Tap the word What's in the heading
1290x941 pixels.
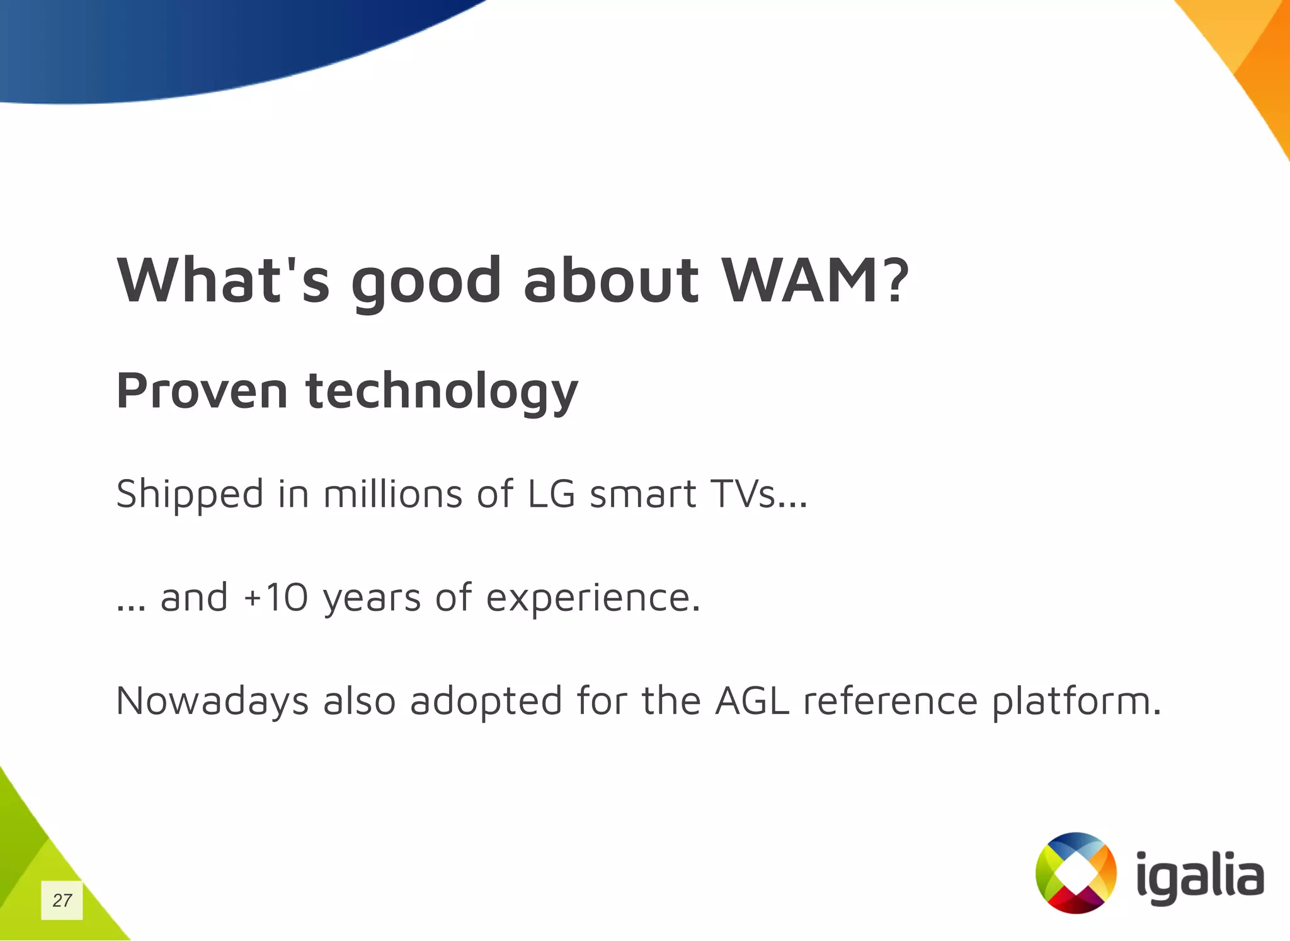(223, 280)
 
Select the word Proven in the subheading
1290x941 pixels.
(202, 391)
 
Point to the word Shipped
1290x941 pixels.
(190, 494)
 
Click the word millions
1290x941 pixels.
(392, 494)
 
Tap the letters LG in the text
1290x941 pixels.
(551, 494)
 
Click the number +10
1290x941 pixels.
(276, 598)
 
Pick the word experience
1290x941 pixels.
(592, 598)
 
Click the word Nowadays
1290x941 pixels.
(212, 701)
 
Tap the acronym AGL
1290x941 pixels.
(752, 701)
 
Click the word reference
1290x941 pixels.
(890, 701)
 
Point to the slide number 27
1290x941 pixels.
(62, 900)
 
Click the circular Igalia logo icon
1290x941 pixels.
(1076, 873)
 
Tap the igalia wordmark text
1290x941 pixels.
(1200, 876)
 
